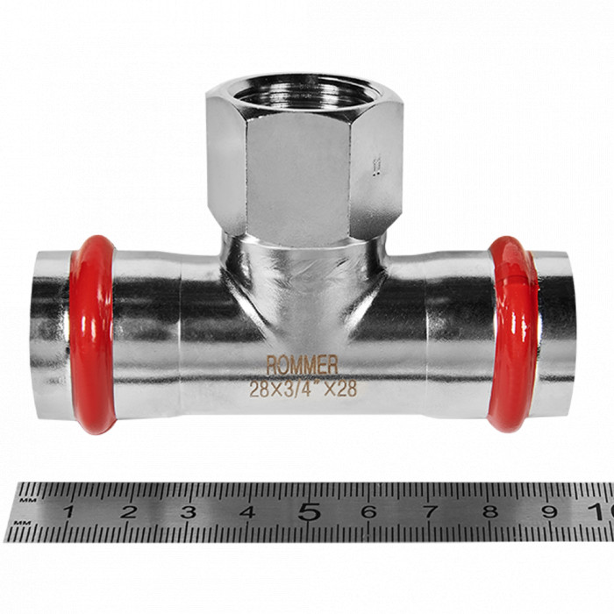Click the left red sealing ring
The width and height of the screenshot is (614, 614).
coord(91,333)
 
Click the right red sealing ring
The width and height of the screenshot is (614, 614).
coord(513,333)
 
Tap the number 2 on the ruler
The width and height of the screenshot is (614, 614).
coord(128,511)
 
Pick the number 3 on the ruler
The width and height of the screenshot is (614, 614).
coord(188,511)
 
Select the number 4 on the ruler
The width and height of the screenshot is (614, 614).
coord(247,511)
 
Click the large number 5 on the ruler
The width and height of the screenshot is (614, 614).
coord(308,510)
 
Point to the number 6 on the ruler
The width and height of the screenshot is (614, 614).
coord(368,511)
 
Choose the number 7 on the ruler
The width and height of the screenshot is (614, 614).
coord(429,511)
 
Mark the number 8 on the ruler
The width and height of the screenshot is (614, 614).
coord(489,511)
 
